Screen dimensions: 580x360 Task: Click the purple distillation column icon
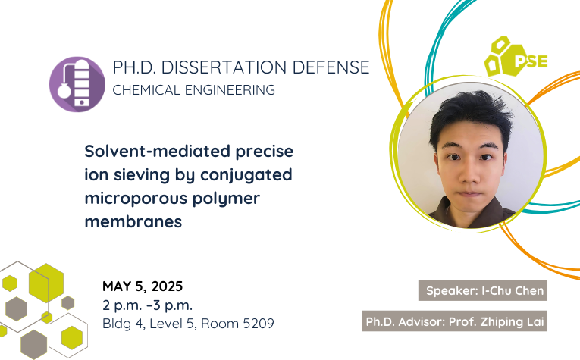(77, 84)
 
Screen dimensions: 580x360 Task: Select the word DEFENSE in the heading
(331, 67)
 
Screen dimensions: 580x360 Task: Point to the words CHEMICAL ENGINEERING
(194, 90)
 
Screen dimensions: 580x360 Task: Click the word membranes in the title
(133, 222)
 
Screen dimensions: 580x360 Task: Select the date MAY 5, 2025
(143, 286)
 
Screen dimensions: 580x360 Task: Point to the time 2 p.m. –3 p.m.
(148, 305)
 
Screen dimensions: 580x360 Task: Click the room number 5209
(259, 324)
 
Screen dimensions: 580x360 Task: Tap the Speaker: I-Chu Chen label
(483, 290)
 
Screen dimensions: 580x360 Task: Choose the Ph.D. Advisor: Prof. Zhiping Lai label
(455, 321)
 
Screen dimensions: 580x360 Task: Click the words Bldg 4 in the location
(122, 324)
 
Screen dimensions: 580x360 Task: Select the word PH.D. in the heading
(134, 67)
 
